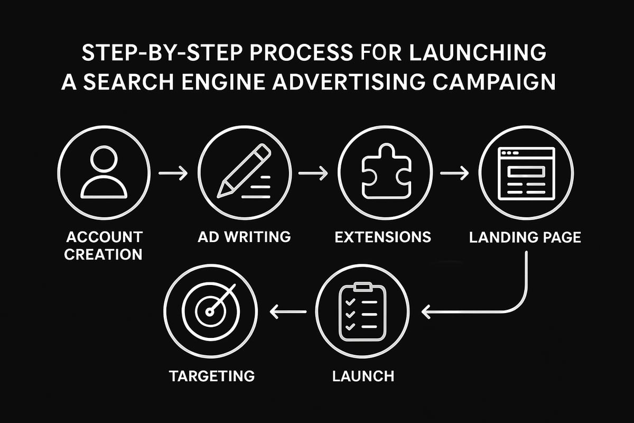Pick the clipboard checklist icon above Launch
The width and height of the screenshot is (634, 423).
click(361, 312)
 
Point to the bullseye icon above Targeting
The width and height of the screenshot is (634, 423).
click(210, 312)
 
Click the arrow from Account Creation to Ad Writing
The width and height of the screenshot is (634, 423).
click(173, 173)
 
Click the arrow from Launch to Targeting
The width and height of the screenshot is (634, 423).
click(288, 312)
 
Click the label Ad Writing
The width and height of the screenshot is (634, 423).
click(244, 236)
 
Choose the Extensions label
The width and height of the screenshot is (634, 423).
click(384, 236)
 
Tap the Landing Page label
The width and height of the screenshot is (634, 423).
click(525, 236)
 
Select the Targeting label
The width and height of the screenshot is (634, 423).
click(212, 376)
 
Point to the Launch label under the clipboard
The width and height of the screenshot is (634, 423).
click(363, 376)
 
